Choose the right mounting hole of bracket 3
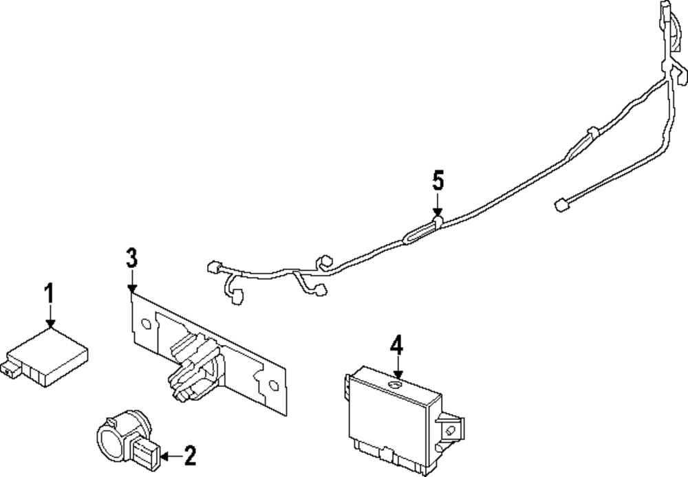point(272,386)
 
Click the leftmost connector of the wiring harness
point(213,266)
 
